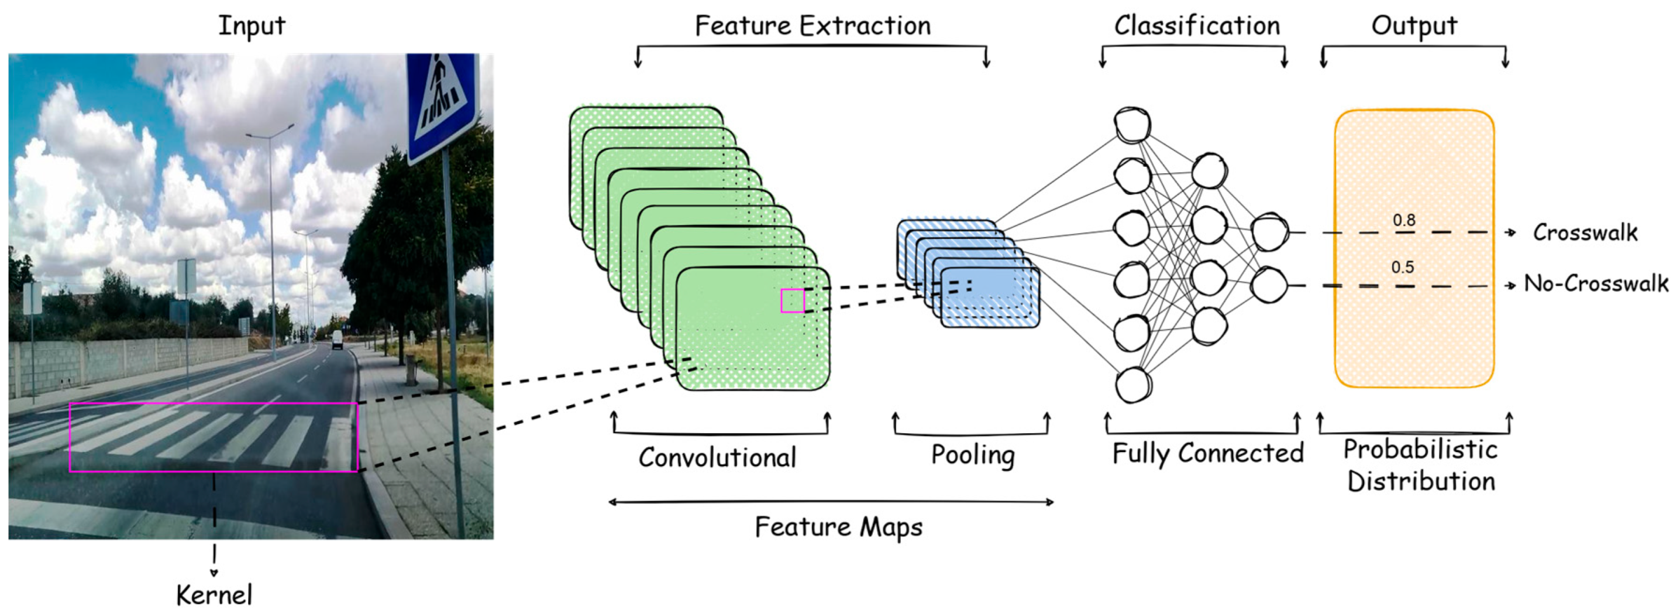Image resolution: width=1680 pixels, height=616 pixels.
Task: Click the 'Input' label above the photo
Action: click(x=251, y=26)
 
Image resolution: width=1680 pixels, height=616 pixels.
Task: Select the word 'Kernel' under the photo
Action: click(x=214, y=594)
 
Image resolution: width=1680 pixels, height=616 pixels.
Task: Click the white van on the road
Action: click(x=336, y=339)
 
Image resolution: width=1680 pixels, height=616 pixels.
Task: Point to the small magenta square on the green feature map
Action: click(x=793, y=301)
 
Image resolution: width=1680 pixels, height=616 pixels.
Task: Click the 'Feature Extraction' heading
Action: click(x=813, y=26)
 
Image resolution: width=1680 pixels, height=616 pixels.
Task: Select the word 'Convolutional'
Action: click(x=717, y=457)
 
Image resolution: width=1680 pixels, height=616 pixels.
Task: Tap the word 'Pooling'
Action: click(x=972, y=456)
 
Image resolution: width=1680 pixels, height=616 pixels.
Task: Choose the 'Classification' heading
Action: click(x=1197, y=26)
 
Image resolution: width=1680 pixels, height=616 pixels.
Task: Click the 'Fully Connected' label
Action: click(x=1207, y=453)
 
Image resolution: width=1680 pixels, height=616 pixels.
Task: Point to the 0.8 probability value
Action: click(x=1404, y=221)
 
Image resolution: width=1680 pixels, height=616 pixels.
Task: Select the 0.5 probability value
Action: click(x=1402, y=268)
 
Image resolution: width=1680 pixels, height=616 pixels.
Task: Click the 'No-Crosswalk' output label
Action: click(x=1596, y=283)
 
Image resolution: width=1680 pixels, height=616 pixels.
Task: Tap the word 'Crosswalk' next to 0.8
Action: click(x=1585, y=232)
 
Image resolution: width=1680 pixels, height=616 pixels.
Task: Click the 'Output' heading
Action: click(x=1414, y=26)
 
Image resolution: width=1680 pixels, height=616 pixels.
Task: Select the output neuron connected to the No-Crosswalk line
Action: click(x=1269, y=285)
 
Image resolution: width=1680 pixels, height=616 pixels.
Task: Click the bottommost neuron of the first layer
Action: click(x=1133, y=385)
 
